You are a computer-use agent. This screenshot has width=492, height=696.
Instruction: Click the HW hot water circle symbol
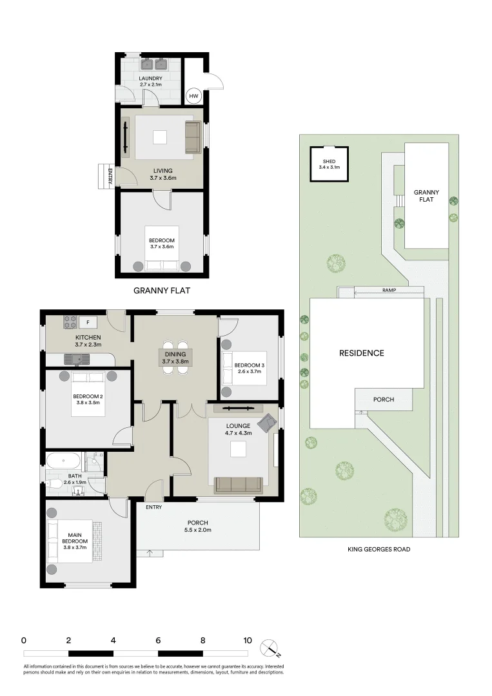click(x=193, y=97)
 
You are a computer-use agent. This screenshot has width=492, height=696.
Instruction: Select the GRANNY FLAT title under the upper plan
click(x=162, y=291)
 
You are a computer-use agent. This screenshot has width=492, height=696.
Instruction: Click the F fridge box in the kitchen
click(x=87, y=321)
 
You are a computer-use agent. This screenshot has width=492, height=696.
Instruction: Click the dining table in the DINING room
click(x=175, y=354)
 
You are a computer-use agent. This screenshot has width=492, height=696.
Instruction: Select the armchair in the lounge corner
click(x=265, y=423)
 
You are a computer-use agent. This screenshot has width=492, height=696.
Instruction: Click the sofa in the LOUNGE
click(x=238, y=484)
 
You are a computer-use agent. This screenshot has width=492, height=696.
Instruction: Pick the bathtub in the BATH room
click(x=63, y=461)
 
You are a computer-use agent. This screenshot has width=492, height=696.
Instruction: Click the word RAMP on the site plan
click(x=388, y=291)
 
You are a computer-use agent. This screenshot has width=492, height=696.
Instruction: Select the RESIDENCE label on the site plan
click(x=362, y=353)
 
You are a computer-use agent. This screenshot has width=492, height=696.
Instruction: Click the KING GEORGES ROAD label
click(x=378, y=550)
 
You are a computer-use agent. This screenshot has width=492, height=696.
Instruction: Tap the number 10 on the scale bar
click(x=247, y=641)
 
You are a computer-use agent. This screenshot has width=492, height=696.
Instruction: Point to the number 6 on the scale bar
click(x=158, y=641)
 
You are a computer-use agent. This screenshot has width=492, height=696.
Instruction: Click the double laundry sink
click(x=155, y=64)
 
